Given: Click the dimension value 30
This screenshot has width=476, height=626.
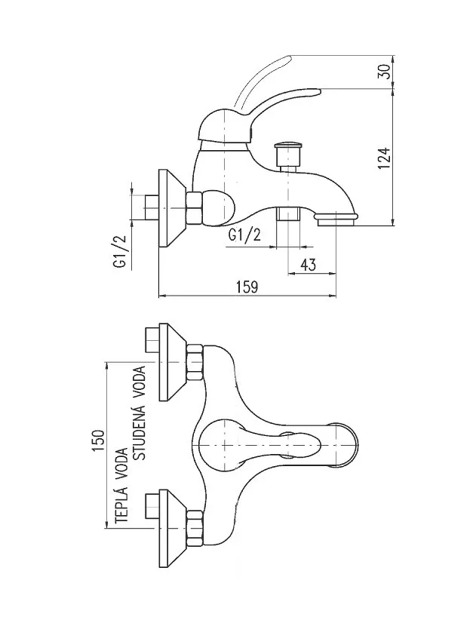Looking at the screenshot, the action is click(x=384, y=72).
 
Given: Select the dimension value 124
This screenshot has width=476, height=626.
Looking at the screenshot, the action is click(x=384, y=158).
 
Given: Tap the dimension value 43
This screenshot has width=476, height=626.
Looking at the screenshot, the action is click(x=307, y=264).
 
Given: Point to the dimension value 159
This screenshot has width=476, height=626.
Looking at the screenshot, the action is click(x=247, y=287).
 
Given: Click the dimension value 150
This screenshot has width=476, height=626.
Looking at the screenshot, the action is click(x=98, y=440).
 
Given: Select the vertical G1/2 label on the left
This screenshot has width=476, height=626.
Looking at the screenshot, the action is click(x=120, y=250).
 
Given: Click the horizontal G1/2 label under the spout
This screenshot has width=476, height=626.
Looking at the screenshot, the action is click(x=244, y=235).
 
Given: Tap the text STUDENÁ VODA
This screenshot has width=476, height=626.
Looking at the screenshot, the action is click(x=140, y=413).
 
